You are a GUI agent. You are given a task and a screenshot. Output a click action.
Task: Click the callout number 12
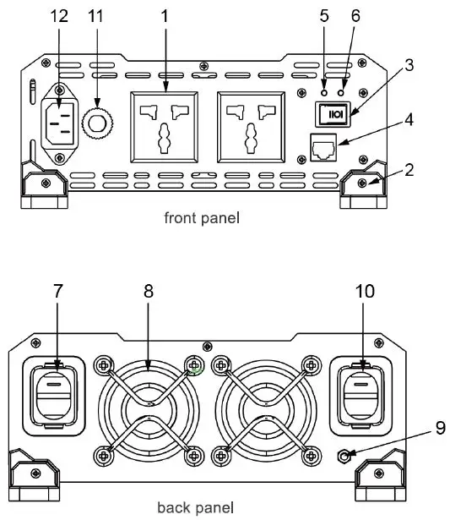pyautogui.click(x=59, y=15)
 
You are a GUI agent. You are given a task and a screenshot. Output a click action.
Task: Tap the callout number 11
pyautogui.click(x=95, y=15)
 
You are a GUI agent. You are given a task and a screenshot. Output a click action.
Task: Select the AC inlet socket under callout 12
pyautogui.click(x=60, y=123)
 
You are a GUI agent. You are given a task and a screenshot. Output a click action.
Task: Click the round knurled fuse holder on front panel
pyautogui.click(x=97, y=123)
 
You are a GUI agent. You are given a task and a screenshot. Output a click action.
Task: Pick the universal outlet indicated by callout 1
pyautogui.click(x=165, y=128)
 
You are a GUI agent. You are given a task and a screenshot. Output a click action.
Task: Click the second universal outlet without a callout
pyautogui.click(x=251, y=128)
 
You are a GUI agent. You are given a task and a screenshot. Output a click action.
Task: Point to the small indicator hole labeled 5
pyautogui.click(x=324, y=92)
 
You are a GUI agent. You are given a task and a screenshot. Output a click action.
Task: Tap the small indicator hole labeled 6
pyautogui.click(x=341, y=92)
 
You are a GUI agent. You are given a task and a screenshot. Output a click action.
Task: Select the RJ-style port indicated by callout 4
pyautogui.click(x=323, y=148)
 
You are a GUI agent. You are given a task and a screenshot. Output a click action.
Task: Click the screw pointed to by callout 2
pyautogui.click(x=362, y=183)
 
